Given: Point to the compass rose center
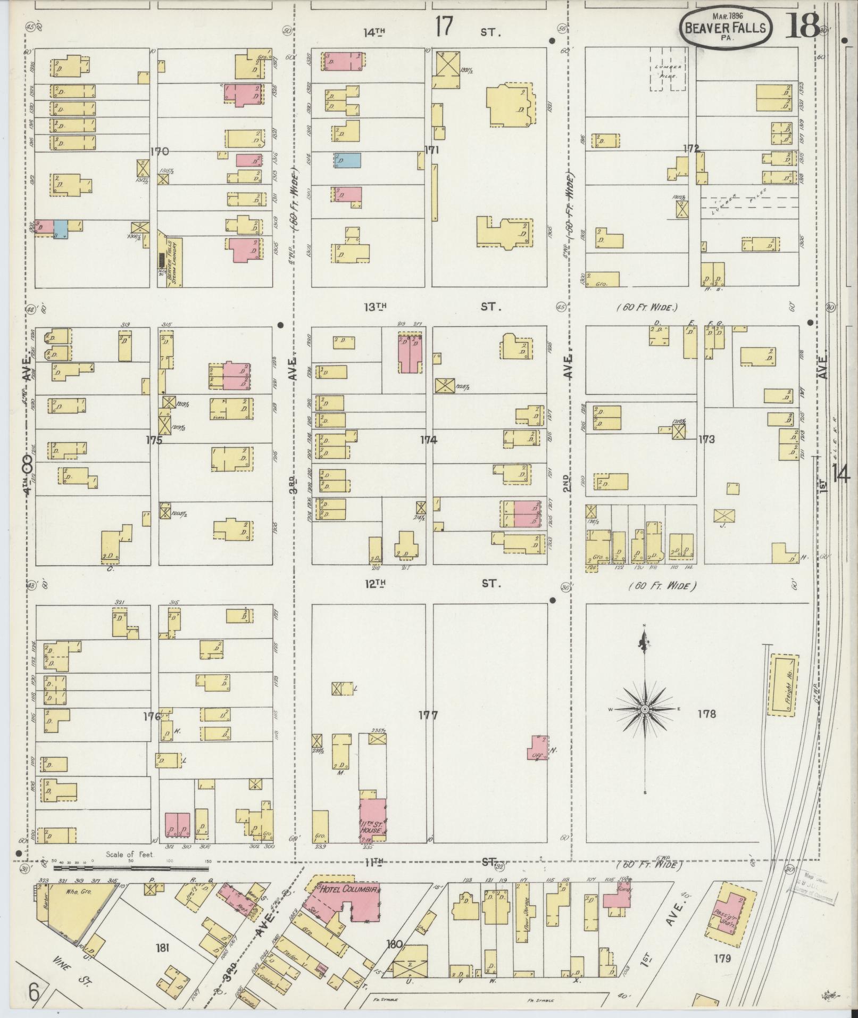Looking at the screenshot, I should [x=644, y=710].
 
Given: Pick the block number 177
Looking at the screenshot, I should [x=428, y=715].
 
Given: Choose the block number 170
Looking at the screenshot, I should [x=159, y=152].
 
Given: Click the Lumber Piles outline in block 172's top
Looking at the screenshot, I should [x=668, y=72].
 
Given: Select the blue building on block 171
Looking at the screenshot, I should [x=347, y=160].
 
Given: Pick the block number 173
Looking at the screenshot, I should [x=706, y=440].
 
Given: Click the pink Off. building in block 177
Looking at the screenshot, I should [x=538, y=748].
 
